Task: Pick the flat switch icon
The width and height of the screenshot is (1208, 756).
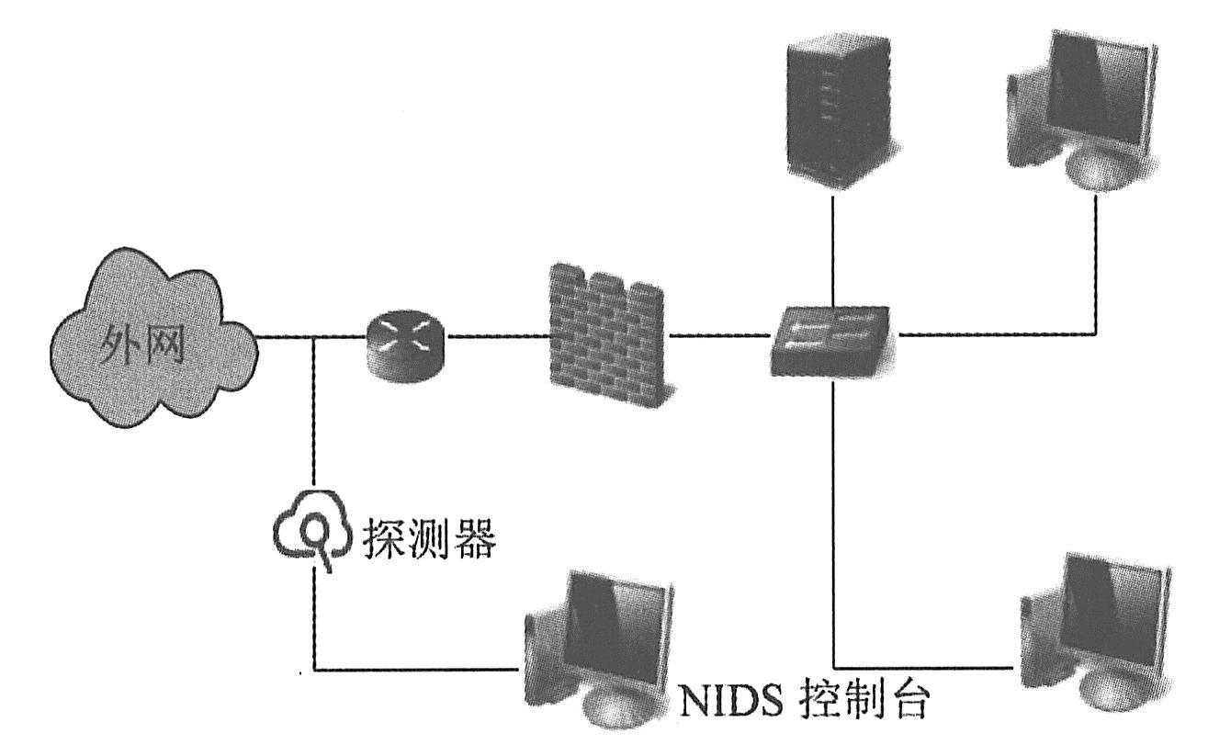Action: pos(830,342)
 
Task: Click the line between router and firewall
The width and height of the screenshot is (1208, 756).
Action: pos(496,336)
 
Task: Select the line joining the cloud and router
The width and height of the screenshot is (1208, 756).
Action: pos(303,336)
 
